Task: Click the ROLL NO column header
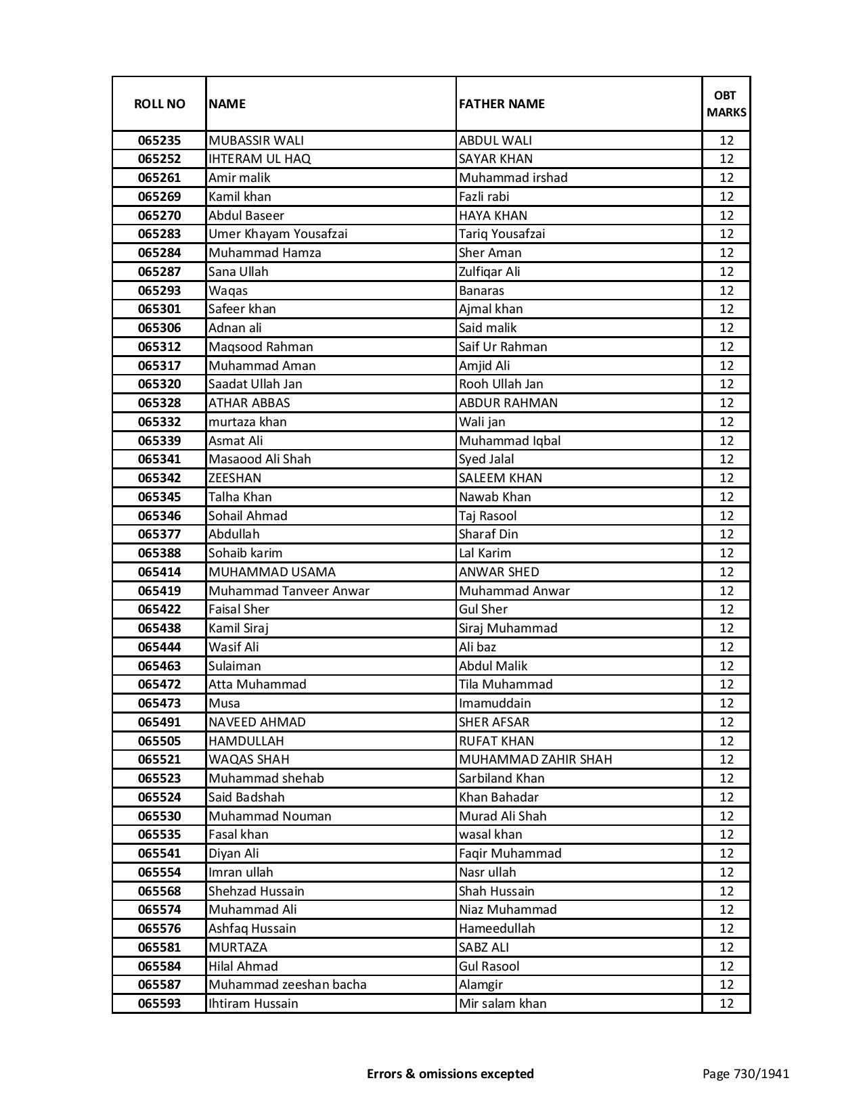(159, 103)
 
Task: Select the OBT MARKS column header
(726, 103)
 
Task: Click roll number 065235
(159, 141)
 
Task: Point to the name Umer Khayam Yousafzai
(278, 234)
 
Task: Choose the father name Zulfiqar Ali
(489, 272)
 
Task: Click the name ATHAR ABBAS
(249, 403)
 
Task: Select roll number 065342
(159, 478)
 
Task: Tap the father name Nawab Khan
(495, 497)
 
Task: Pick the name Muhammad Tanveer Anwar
(289, 591)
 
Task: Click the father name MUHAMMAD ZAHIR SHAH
(535, 760)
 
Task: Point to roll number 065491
(159, 722)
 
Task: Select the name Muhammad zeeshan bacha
(288, 985)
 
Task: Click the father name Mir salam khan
(502, 1004)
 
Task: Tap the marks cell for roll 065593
(726, 1004)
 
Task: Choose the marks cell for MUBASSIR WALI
(726, 141)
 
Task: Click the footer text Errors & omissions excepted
(450, 1073)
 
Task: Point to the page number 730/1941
(745, 1073)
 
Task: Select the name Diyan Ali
(234, 854)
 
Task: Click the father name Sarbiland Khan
(502, 778)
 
